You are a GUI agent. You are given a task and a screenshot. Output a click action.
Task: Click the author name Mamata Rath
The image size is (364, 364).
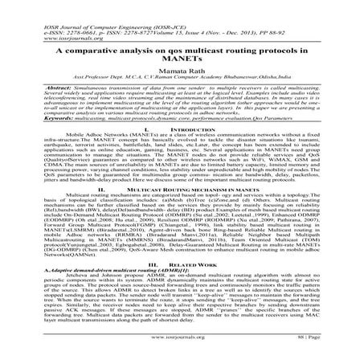(182, 72)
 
